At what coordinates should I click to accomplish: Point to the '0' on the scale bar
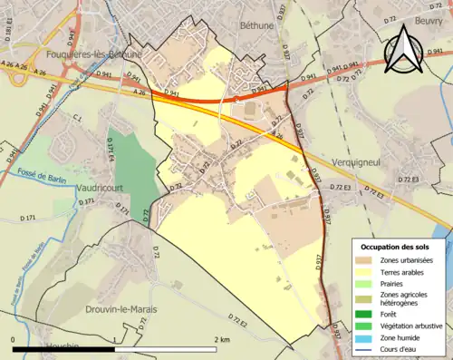pos(14,339)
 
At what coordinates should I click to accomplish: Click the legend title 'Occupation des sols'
pos(395,246)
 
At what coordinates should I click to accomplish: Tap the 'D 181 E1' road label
pos(9,37)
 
